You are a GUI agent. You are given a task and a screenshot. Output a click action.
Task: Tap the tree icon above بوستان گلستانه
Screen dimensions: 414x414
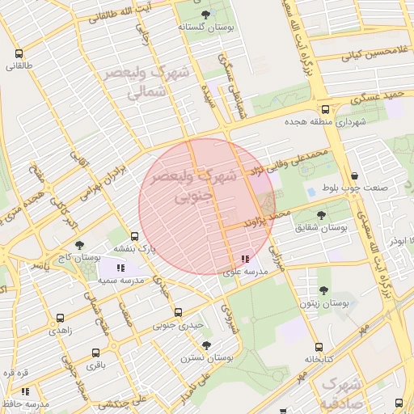click(205, 15)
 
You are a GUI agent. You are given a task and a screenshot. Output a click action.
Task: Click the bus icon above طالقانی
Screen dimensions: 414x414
click(19, 54)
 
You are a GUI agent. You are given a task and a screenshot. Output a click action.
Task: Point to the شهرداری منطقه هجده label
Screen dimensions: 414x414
click(325, 122)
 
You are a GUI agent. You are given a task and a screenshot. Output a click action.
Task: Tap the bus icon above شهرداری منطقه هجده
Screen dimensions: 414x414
click(325, 110)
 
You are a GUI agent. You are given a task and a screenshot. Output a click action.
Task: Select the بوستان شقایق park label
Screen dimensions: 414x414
click(322, 228)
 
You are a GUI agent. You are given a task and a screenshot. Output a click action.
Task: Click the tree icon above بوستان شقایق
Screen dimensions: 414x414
click(322, 216)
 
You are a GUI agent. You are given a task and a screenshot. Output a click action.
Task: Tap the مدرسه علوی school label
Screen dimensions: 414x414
click(244, 272)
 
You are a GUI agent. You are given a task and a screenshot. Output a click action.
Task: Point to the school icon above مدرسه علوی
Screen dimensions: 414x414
click(244, 260)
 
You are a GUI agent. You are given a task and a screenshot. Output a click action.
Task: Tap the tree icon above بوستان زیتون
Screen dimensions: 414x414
click(323, 290)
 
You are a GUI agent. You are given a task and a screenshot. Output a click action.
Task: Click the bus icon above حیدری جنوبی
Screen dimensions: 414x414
click(178, 313)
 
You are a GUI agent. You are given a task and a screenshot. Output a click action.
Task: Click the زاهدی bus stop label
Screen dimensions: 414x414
click(60, 331)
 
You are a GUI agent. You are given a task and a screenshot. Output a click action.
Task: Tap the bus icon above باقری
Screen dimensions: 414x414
click(95, 353)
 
